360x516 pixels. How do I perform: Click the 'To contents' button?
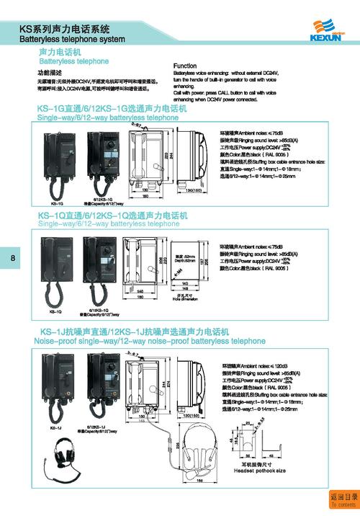coord(343,500)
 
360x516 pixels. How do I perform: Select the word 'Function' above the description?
coord(185,66)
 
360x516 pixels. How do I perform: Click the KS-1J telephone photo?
coord(55,389)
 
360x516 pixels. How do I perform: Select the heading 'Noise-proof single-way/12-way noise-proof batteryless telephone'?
coord(150,340)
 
